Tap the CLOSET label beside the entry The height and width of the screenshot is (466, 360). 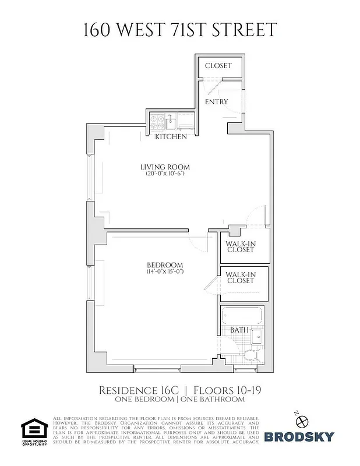click(x=218, y=66)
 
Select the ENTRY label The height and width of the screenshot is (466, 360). click(x=217, y=102)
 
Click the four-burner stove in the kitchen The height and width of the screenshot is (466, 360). click(x=157, y=122)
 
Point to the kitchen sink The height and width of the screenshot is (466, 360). click(x=171, y=122)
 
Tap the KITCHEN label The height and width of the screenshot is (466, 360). click(x=171, y=137)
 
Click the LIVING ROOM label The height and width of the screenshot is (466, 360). click(x=165, y=167)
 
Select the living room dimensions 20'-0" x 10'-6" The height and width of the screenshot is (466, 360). click(x=165, y=174)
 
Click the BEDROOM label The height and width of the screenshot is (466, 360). click(x=165, y=264)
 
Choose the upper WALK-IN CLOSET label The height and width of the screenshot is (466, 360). click(x=241, y=246)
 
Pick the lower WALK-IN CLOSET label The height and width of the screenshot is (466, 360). click(x=241, y=277)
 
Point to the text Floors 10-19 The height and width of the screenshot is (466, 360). click(x=227, y=390)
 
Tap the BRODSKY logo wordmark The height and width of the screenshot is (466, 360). click(x=299, y=437)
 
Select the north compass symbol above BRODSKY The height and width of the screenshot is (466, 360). click(x=301, y=419)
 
